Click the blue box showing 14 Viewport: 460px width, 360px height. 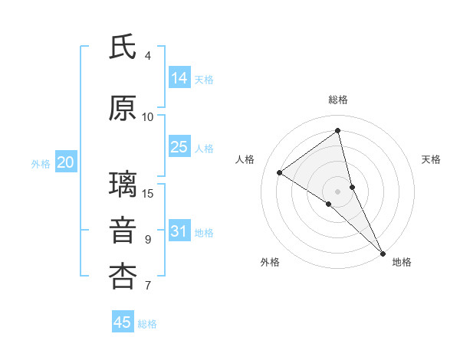pos(179,78)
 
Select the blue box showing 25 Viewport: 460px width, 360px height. pos(179,147)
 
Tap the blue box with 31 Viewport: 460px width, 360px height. pos(179,231)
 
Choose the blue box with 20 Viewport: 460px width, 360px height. pos(66,162)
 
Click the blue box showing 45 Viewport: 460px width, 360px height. pos(123,322)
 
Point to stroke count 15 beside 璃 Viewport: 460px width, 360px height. pos(148,193)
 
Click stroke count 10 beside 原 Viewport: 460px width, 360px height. pos(148,116)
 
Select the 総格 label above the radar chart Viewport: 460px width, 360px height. pos(338,100)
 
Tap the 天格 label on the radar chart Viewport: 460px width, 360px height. pos(432,159)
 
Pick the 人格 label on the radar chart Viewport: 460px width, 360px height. pos(245,159)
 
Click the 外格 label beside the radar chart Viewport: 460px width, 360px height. pos(270,263)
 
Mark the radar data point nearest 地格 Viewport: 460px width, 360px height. pos(383,252)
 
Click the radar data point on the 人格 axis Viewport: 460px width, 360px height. pos(280,172)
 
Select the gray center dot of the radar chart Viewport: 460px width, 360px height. pos(338,191)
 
